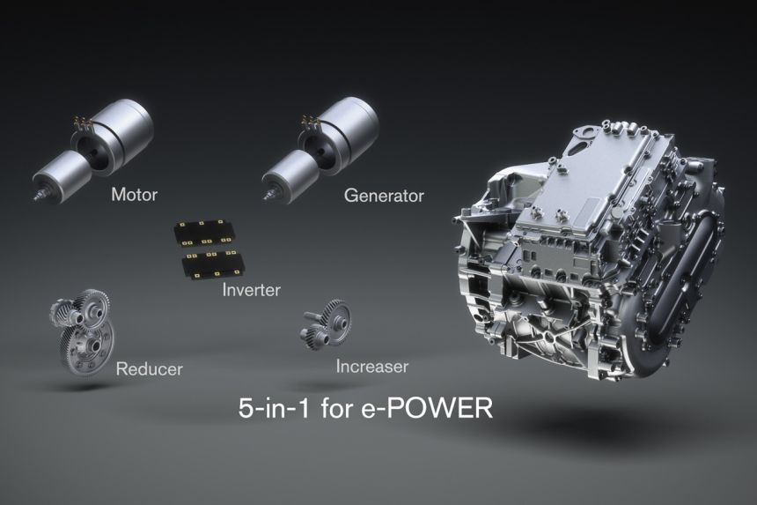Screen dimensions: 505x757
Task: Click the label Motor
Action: click(x=134, y=195)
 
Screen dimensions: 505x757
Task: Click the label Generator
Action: click(x=383, y=195)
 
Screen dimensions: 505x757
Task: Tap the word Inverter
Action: click(x=251, y=289)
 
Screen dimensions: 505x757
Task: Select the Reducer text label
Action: click(x=150, y=368)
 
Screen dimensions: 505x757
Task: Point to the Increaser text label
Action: click(x=371, y=365)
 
